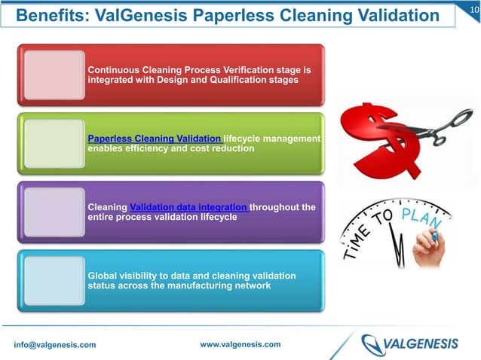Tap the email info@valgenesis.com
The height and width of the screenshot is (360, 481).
pyautogui.click(x=55, y=345)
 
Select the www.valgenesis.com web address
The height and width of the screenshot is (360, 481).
pyautogui.click(x=240, y=344)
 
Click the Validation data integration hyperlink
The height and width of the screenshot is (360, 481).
pyautogui.click(x=188, y=207)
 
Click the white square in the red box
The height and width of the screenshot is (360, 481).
pyautogui.click(x=54, y=75)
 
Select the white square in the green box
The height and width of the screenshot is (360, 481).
pyautogui.click(x=54, y=143)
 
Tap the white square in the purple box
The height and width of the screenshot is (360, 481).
pyautogui.click(x=54, y=212)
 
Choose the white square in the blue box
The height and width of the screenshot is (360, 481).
pyautogui.click(x=54, y=280)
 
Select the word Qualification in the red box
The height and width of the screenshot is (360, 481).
pyautogui.click(x=227, y=79)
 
